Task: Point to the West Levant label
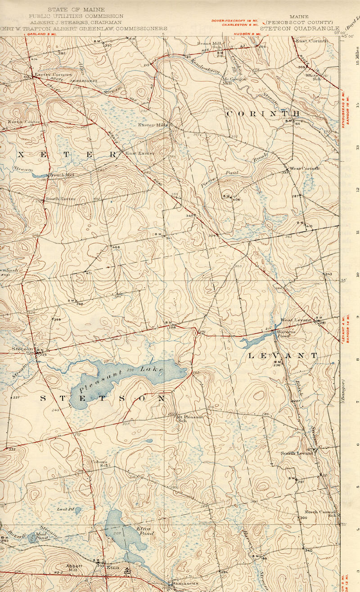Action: click(296, 319)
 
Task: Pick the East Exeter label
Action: click(139, 153)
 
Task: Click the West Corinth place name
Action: click(304, 168)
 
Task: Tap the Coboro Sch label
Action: click(101, 463)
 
